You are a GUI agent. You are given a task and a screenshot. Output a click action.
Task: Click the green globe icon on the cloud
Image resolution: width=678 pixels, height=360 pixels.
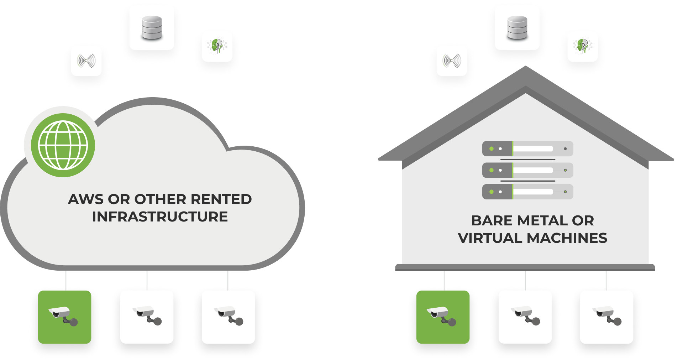click(x=63, y=145)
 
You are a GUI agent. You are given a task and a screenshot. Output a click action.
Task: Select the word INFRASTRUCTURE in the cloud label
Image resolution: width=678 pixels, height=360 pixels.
click(x=160, y=217)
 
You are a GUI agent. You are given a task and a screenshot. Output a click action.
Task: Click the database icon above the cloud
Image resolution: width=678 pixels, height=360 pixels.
click(x=152, y=27)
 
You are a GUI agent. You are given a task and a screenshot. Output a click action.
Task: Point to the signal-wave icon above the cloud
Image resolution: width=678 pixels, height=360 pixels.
click(x=86, y=61)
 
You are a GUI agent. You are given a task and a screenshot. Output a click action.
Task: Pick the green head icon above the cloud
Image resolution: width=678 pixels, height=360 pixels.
click(x=217, y=47)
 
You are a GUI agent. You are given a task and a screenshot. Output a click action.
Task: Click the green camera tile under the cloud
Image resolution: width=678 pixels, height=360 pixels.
click(x=65, y=317)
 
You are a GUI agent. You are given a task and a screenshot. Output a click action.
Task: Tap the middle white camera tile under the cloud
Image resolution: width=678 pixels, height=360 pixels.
click(x=147, y=317)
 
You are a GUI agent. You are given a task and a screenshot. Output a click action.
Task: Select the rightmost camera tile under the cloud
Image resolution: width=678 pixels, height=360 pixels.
click(x=228, y=317)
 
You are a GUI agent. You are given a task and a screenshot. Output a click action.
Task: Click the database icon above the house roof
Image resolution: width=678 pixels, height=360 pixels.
click(x=517, y=27)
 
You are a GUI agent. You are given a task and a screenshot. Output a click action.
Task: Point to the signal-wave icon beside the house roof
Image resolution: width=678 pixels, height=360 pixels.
click(x=452, y=61)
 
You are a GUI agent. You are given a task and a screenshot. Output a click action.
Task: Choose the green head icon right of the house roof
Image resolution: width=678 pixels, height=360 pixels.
click(x=583, y=47)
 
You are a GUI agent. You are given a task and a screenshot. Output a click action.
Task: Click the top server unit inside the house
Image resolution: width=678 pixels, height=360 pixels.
click(x=527, y=148)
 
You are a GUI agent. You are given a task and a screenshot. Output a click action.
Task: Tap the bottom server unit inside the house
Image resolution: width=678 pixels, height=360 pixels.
click(x=527, y=192)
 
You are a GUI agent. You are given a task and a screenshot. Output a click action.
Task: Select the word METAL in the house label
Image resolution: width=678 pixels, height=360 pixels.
click(x=542, y=221)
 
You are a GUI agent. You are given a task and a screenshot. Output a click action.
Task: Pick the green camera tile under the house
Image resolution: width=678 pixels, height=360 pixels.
click(x=443, y=317)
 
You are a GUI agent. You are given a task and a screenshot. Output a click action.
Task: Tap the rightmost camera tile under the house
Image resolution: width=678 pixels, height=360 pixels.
click(x=607, y=317)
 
